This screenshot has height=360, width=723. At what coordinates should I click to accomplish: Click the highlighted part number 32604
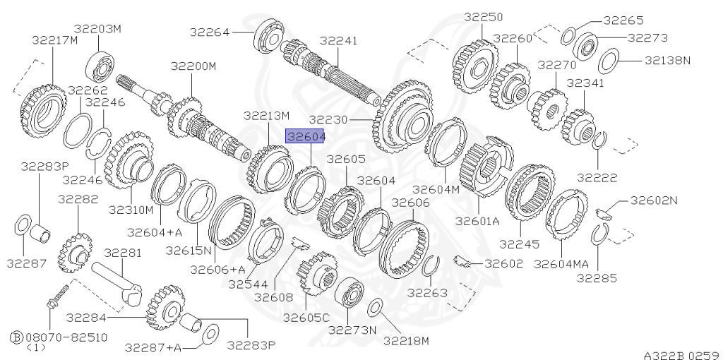click(304, 136)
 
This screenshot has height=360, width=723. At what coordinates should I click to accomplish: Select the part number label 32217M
click(54, 40)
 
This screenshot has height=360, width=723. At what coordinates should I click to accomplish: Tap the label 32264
click(210, 31)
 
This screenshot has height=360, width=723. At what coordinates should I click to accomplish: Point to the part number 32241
click(339, 41)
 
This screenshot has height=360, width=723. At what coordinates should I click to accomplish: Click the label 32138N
click(667, 61)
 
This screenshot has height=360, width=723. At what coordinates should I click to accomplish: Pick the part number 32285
click(597, 277)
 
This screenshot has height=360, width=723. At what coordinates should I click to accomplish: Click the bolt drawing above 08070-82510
click(57, 297)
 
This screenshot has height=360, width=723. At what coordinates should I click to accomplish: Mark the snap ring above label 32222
click(597, 142)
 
